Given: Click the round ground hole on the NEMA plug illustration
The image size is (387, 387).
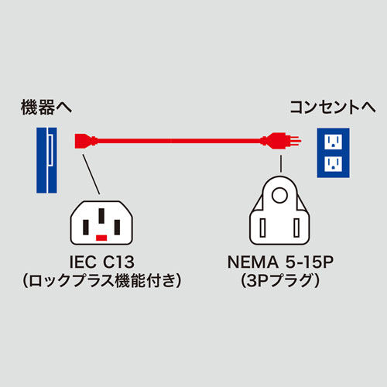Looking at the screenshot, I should pos(279,193).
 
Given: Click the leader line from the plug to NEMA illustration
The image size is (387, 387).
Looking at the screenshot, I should pos(279,160).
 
